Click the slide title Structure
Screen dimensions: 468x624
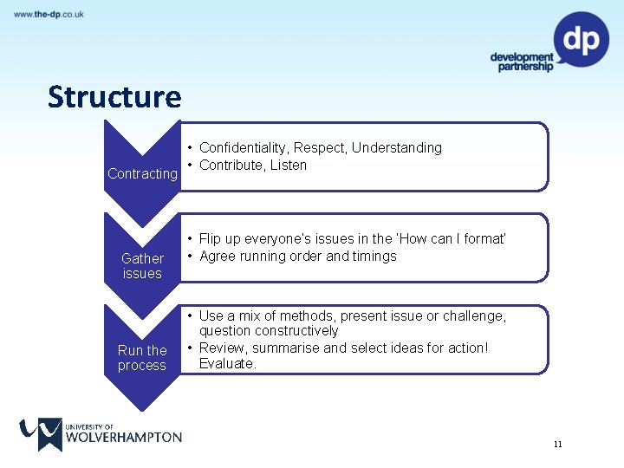click(x=114, y=96)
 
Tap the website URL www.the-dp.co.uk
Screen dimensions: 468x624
click(x=49, y=15)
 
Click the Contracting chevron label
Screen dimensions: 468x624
click(x=142, y=173)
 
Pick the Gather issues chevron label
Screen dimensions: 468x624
click(x=142, y=266)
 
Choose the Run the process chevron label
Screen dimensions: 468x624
click(x=142, y=358)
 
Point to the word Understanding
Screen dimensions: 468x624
click(x=397, y=148)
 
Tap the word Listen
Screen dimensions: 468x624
click(x=289, y=166)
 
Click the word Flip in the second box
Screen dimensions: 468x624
click(x=210, y=238)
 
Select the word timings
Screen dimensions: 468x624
click(x=374, y=256)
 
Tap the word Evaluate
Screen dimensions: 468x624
click(x=227, y=364)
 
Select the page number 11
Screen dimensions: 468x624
click(x=557, y=445)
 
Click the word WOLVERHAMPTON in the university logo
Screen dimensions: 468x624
click(x=124, y=437)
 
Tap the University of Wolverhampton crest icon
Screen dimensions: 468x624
click(x=40, y=434)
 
